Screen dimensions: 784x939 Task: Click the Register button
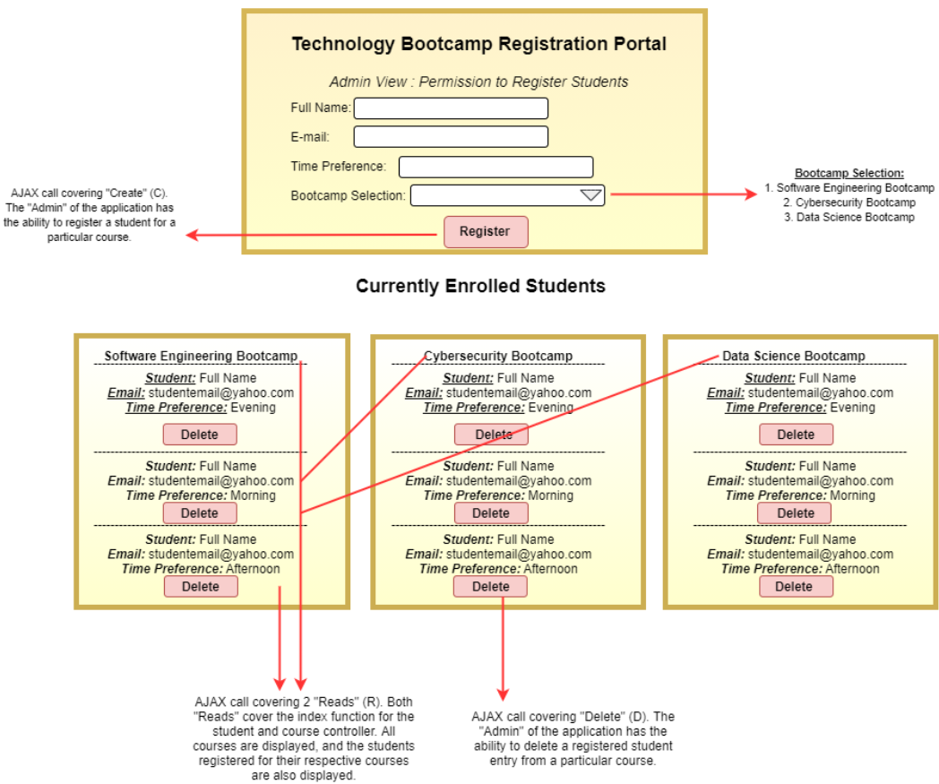(486, 231)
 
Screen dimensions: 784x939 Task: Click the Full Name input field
(451, 108)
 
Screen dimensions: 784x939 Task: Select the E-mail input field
(451, 137)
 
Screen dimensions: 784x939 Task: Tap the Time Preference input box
(495, 167)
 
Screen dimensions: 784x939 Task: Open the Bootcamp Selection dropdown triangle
(590, 195)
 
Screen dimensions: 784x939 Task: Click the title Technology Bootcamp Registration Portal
(478, 44)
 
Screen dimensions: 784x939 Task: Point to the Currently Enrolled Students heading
(480, 286)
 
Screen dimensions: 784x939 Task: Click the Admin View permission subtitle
(478, 82)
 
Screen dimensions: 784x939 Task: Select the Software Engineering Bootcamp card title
(201, 356)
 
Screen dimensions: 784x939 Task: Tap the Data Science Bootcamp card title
(794, 356)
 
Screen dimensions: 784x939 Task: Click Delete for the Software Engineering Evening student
(200, 435)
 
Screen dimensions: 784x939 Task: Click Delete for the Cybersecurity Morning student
(490, 513)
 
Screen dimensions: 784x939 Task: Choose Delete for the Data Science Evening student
(796, 435)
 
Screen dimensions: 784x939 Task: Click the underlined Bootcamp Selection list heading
(849, 173)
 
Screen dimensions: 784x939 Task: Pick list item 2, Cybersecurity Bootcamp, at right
(855, 202)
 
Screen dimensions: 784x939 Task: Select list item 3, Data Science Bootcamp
(855, 217)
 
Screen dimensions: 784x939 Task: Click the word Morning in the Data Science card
(852, 495)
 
